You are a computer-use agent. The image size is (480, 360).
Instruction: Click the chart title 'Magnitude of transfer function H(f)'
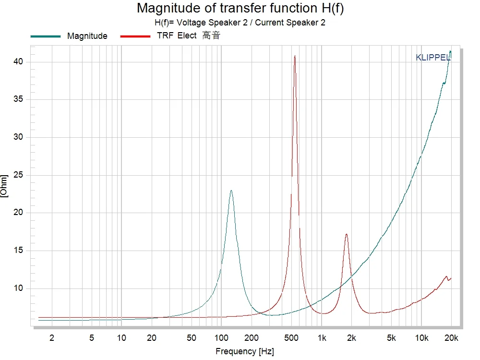[x=240, y=8]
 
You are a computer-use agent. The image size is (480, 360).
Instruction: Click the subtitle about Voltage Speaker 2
[x=240, y=23]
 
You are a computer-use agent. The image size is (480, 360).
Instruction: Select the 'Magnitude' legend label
[x=87, y=36]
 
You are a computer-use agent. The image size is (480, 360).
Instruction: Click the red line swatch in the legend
[x=136, y=36]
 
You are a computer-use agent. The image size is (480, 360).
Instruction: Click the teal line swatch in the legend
[x=46, y=36]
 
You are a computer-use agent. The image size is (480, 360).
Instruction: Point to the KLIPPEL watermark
[x=432, y=58]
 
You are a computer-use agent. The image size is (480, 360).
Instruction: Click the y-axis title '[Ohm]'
[x=4, y=186]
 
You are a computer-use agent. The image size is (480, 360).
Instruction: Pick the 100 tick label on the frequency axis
[x=221, y=338]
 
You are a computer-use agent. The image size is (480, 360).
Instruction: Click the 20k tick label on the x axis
[x=451, y=338]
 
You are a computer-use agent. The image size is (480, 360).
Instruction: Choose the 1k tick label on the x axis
[x=322, y=338]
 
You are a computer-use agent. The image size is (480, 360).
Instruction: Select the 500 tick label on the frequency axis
[x=291, y=338]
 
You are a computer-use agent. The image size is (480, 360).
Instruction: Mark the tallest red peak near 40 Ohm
[x=295, y=56]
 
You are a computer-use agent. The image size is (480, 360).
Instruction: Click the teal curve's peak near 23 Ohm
[x=231, y=191]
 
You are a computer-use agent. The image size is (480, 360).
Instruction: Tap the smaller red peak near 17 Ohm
[x=346, y=234]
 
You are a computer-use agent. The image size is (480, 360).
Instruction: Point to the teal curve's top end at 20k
[x=450, y=51]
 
